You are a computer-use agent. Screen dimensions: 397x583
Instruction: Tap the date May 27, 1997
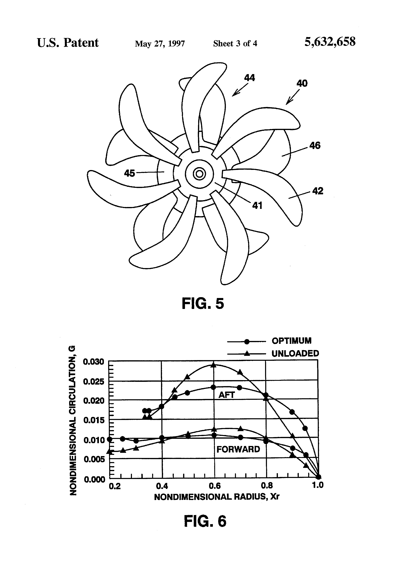[x=160, y=44]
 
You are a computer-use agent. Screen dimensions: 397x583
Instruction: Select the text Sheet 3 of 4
[x=235, y=43]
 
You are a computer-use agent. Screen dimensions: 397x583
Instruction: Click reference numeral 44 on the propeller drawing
[x=249, y=78]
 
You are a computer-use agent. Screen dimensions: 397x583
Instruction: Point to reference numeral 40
[x=302, y=83]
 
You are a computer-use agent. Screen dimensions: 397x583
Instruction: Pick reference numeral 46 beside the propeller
[x=315, y=146]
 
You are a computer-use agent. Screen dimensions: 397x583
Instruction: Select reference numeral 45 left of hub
[x=130, y=173]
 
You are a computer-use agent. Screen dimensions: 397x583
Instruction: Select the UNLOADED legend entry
[x=295, y=353]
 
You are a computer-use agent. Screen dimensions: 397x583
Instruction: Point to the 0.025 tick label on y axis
[x=93, y=382]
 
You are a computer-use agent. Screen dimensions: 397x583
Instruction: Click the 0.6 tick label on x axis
[x=215, y=486]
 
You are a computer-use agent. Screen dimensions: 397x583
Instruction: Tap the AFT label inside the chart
[x=226, y=395]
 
